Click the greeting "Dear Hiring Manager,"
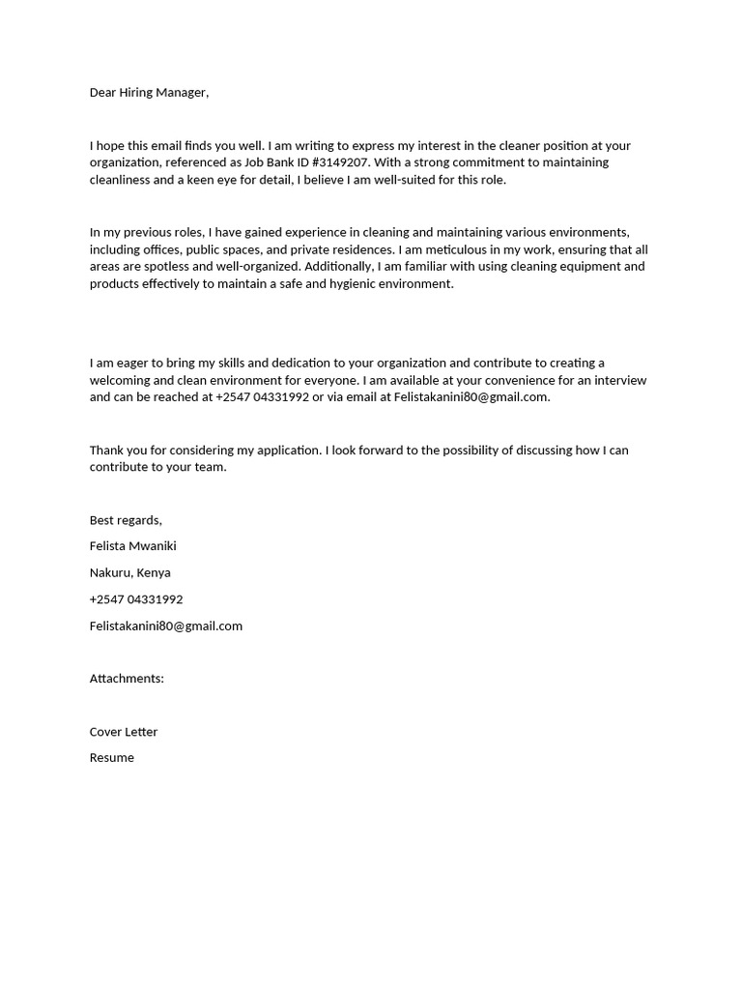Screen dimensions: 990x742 [149, 93]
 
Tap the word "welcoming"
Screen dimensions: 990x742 [119, 380]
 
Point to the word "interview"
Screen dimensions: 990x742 [620, 380]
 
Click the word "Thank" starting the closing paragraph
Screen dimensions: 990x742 [107, 451]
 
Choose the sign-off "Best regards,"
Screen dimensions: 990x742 [126, 520]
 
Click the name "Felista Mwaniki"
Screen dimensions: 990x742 [133, 546]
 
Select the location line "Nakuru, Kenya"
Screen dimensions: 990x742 [130, 572]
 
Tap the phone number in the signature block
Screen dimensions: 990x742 [136, 599]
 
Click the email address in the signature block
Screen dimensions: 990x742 [166, 626]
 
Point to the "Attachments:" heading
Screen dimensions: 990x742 [127, 679]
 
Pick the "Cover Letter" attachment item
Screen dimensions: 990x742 [124, 732]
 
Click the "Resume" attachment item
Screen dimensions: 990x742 [112, 758]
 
